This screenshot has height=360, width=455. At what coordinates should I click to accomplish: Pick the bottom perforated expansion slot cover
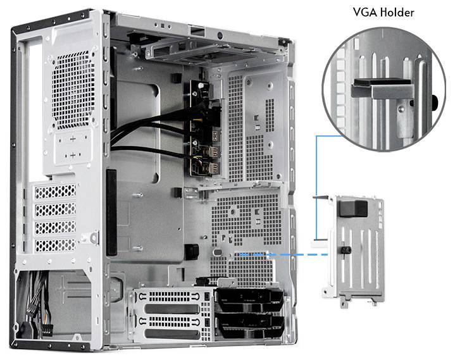click(x=56, y=244)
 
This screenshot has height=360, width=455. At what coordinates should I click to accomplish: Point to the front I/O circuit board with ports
click(x=203, y=127)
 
